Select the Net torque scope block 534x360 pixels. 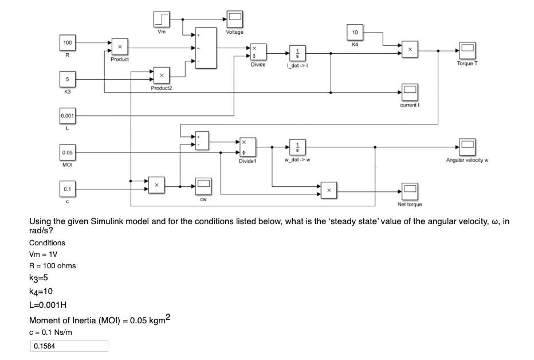(410, 190)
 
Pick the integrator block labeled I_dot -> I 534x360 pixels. (297, 54)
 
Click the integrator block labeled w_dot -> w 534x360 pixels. (297, 147)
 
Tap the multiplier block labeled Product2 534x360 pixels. (162, 75)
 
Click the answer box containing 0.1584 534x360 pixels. (69, 346)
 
